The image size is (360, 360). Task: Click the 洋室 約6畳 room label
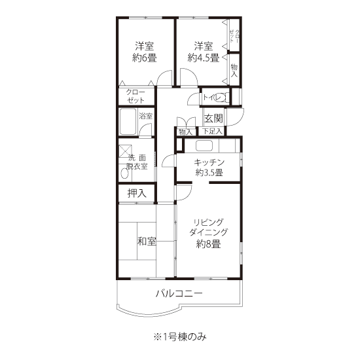point(145,52)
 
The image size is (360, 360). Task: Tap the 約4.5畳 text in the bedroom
point(203,58)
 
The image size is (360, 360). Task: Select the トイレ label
point(211,98)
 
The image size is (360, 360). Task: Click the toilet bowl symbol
point(221,98)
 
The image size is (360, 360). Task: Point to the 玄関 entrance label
point(213,118)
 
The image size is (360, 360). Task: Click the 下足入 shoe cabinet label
point(212,132)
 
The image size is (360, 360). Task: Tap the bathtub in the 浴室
point(128,122)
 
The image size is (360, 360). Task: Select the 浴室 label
point(146,116)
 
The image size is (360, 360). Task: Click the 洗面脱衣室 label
point(137,162)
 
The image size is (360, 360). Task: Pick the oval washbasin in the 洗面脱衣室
point(124,174)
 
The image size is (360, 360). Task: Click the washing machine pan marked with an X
point(125,151)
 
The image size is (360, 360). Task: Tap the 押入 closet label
point(137,193)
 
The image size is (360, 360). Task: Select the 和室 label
point(147,242)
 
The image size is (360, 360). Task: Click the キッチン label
point(209,162)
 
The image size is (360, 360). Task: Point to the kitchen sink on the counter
point(204,145)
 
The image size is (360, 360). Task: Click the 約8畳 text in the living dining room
point(208,244)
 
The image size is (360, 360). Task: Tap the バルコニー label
point(179,293)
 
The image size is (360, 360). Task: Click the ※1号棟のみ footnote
point(180,337)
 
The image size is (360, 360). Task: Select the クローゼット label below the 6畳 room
point(135,96)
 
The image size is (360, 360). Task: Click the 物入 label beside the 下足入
point(185,132)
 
